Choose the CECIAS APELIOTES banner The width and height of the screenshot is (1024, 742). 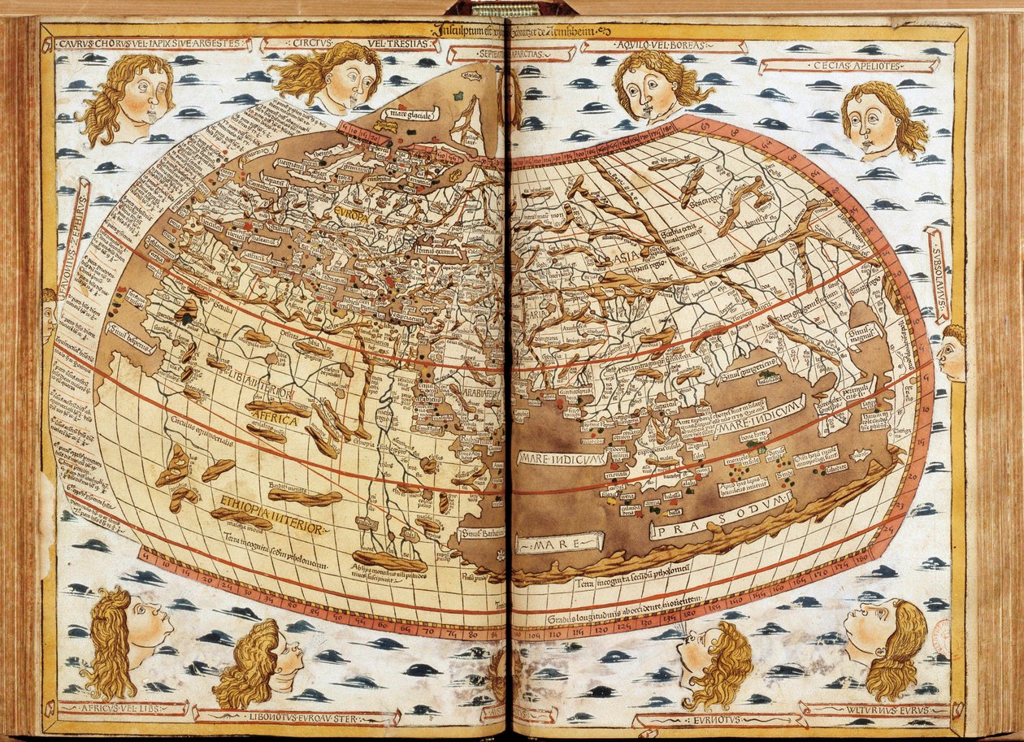[849, 64]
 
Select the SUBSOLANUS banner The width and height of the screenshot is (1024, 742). [938, 275]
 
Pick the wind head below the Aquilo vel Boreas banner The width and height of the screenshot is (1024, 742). [655, 85]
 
